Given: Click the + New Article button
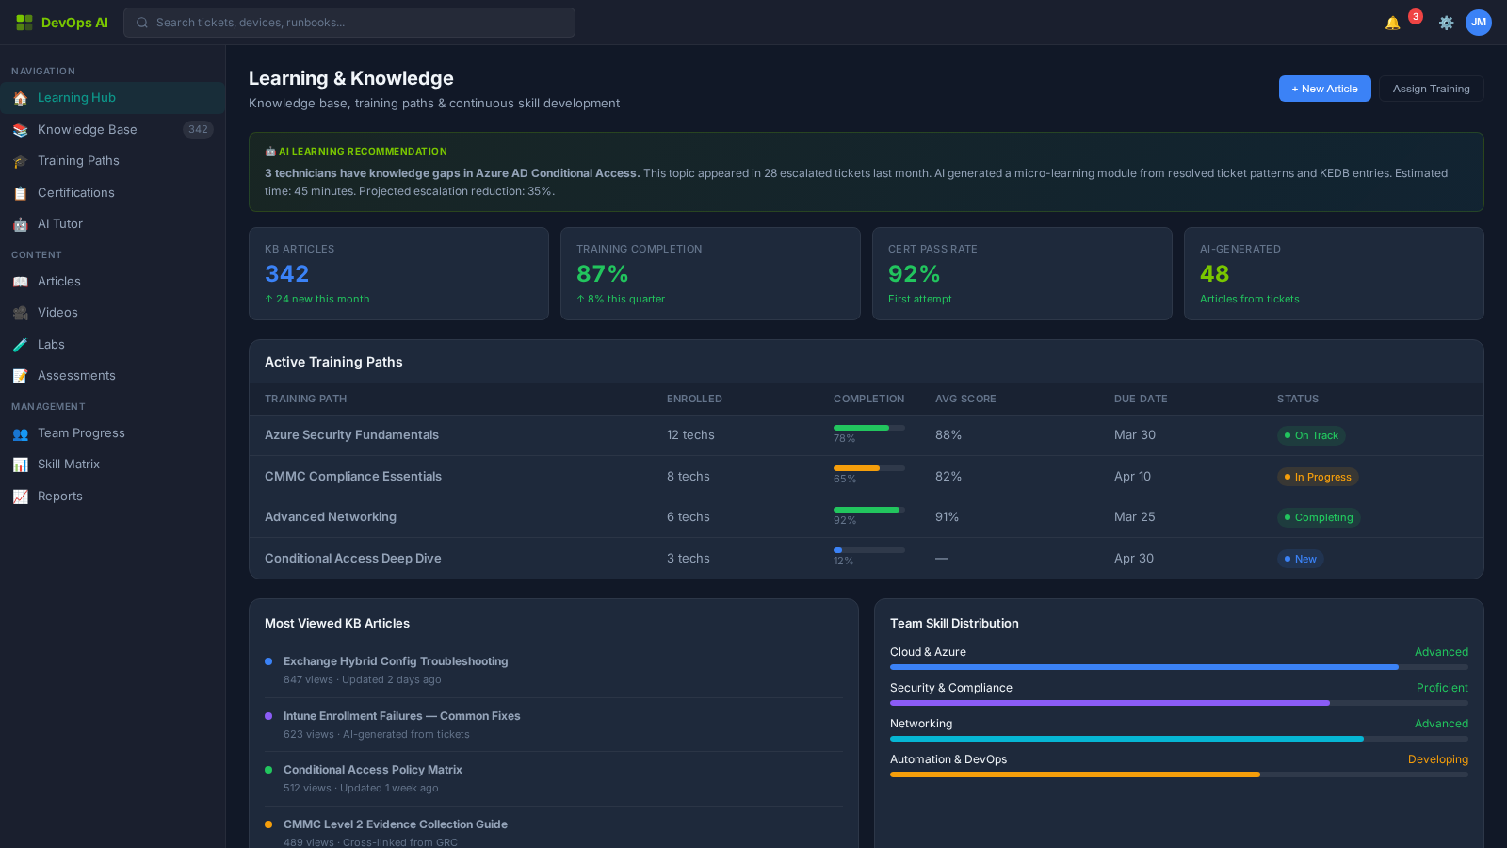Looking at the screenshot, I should [x=1324, y=89].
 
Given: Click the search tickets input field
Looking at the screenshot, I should [x=348, y=23].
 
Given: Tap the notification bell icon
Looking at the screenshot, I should [x=1392, y=23].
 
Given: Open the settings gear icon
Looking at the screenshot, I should [x=1446, y=23].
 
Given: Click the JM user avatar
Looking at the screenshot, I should [x=1479, y=23].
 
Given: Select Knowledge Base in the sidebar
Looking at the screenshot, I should [x=88, y=130].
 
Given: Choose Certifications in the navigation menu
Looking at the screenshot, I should [x=76, y=193].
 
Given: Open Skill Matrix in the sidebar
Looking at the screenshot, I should [x=69, y=465].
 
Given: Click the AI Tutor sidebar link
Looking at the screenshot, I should [x=60, y=224].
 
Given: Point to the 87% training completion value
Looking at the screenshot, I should [x=602, y=274].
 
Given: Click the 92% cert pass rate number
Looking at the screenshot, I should [x=914, y=274].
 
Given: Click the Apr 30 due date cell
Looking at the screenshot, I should [x=1134, y=559].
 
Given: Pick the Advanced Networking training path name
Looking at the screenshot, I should [x=331, y=517].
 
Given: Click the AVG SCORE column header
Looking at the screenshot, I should [x=965, y=400].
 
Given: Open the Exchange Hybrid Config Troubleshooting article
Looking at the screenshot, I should [x=396, y=661].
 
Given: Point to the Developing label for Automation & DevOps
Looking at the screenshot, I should [x=1437, y=759].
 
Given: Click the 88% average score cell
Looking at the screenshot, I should [x=948, y=435].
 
